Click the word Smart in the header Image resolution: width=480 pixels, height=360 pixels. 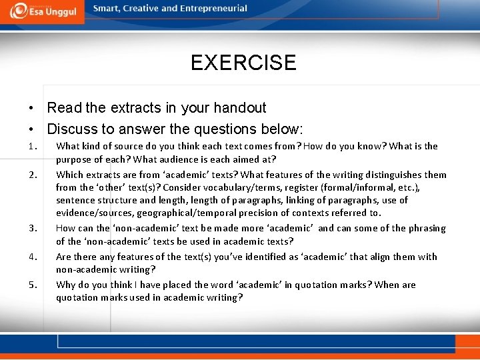click(107, 9)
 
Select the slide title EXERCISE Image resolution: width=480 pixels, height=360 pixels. click(243, 63)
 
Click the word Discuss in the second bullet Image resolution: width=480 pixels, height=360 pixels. click(73, 129)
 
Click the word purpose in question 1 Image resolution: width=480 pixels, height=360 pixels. click(75, 159)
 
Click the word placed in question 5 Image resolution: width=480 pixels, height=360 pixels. click(185, 285)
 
